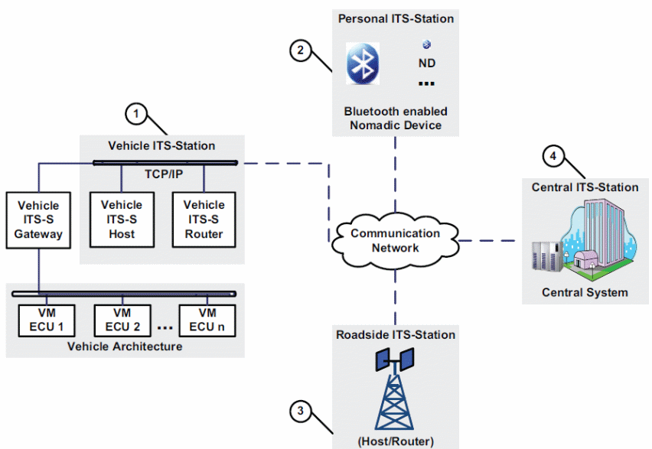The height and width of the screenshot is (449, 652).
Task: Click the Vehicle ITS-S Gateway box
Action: coord(38,220)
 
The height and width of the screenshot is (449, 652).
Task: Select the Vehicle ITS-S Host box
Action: coord(122,220)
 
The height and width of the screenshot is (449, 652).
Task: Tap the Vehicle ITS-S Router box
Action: coord(204,220)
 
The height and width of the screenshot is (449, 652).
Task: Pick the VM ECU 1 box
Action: coord(47,320)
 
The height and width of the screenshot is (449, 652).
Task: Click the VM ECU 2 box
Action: coord(122,320)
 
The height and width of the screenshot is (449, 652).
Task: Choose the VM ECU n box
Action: coord(207,320)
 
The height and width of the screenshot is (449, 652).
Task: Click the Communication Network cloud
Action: coord(396,241)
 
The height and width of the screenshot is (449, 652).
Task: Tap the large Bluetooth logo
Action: coord(363,63)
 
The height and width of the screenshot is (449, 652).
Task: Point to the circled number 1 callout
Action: coord(136,114)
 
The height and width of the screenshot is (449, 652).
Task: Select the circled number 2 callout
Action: coord(300,50)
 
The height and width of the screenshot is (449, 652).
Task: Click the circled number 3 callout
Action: coord(300,412)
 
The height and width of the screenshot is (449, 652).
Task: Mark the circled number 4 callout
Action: coord(553,156)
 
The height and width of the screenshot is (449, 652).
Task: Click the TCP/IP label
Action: coord(164,174)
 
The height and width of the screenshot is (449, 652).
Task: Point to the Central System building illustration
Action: coord(584,239)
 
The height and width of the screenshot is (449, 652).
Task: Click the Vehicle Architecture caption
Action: coord(125,347)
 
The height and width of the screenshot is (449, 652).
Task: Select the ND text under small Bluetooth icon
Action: coord(426,63)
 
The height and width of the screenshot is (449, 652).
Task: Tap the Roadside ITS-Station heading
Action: coord(396,335)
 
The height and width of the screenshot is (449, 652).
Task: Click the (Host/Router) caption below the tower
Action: coord(396,441)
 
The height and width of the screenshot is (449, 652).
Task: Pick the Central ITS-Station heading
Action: coord(585,187)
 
